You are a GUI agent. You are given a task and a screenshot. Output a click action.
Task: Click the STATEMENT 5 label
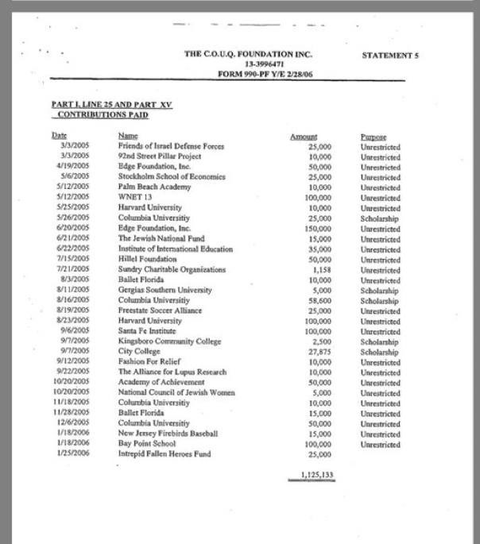click(389, 55)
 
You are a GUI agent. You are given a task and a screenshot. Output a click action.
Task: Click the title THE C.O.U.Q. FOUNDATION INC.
click(248, 54)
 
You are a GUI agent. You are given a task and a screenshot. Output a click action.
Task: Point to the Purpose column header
click(373, 137)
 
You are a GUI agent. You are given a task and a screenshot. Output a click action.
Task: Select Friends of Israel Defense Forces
click(171, 147)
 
